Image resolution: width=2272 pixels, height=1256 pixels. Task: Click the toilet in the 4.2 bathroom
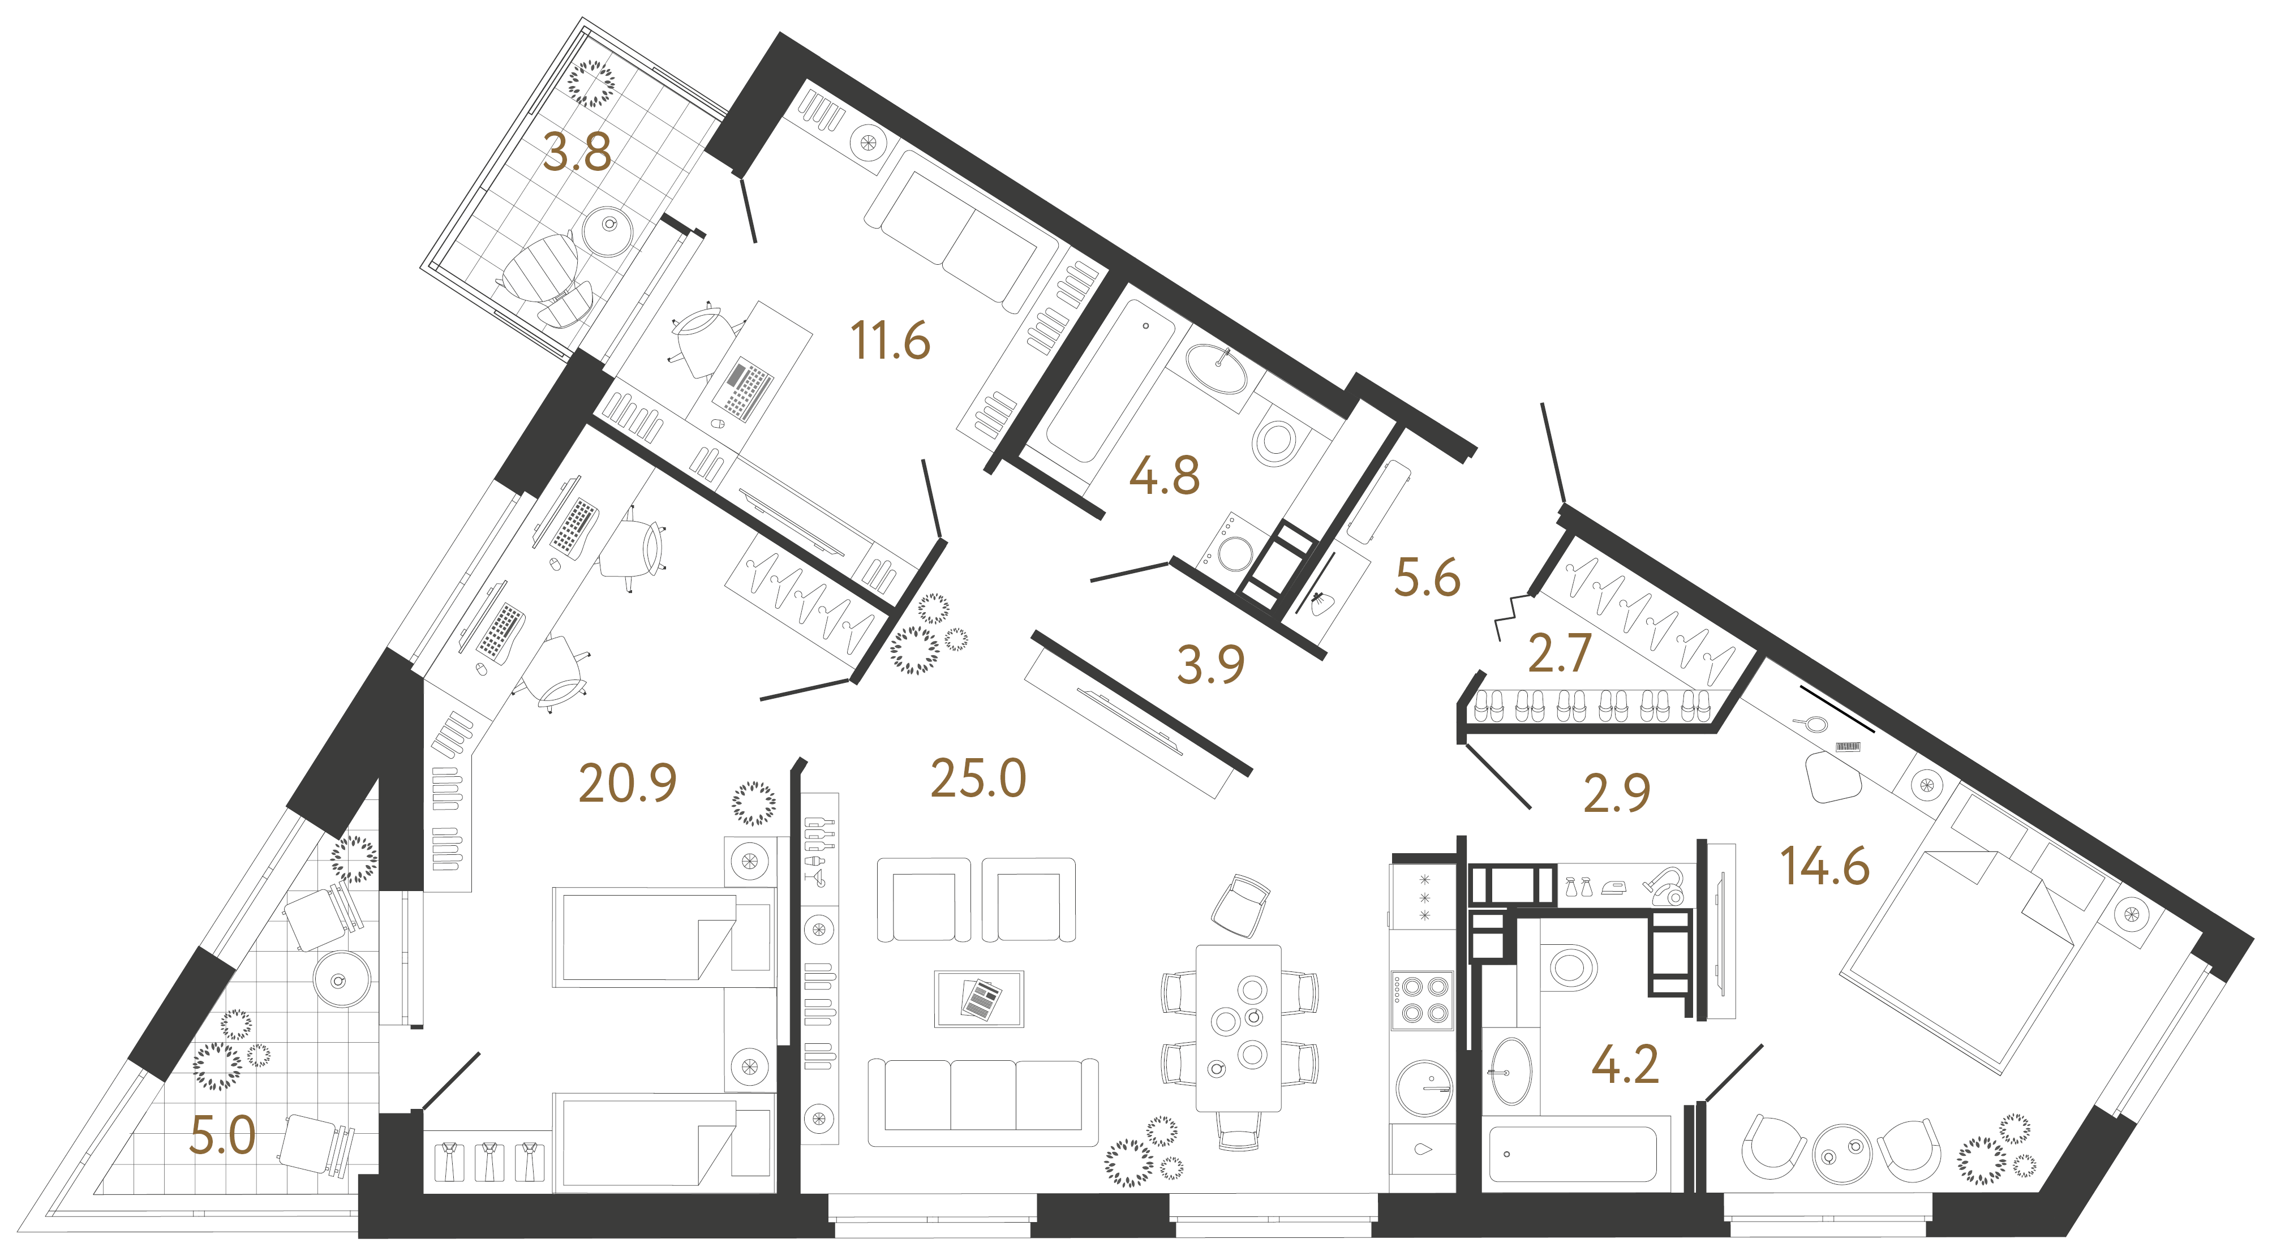pyautogui.click(x=1569, y=967)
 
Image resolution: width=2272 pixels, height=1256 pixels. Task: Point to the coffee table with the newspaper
pyautogui.click(x=979, y=999)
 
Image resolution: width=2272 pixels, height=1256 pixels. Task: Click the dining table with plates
pyautogui.click(x=1238, y=1029)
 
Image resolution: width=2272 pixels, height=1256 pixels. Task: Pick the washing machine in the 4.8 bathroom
pyautogui.click(x=1230, y=548)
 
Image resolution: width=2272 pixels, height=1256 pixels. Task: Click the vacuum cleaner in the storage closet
pyautogui.click(x=1664, y=887)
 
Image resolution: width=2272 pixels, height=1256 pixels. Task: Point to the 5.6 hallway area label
pyautogui.click(x=1427, y=578)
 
